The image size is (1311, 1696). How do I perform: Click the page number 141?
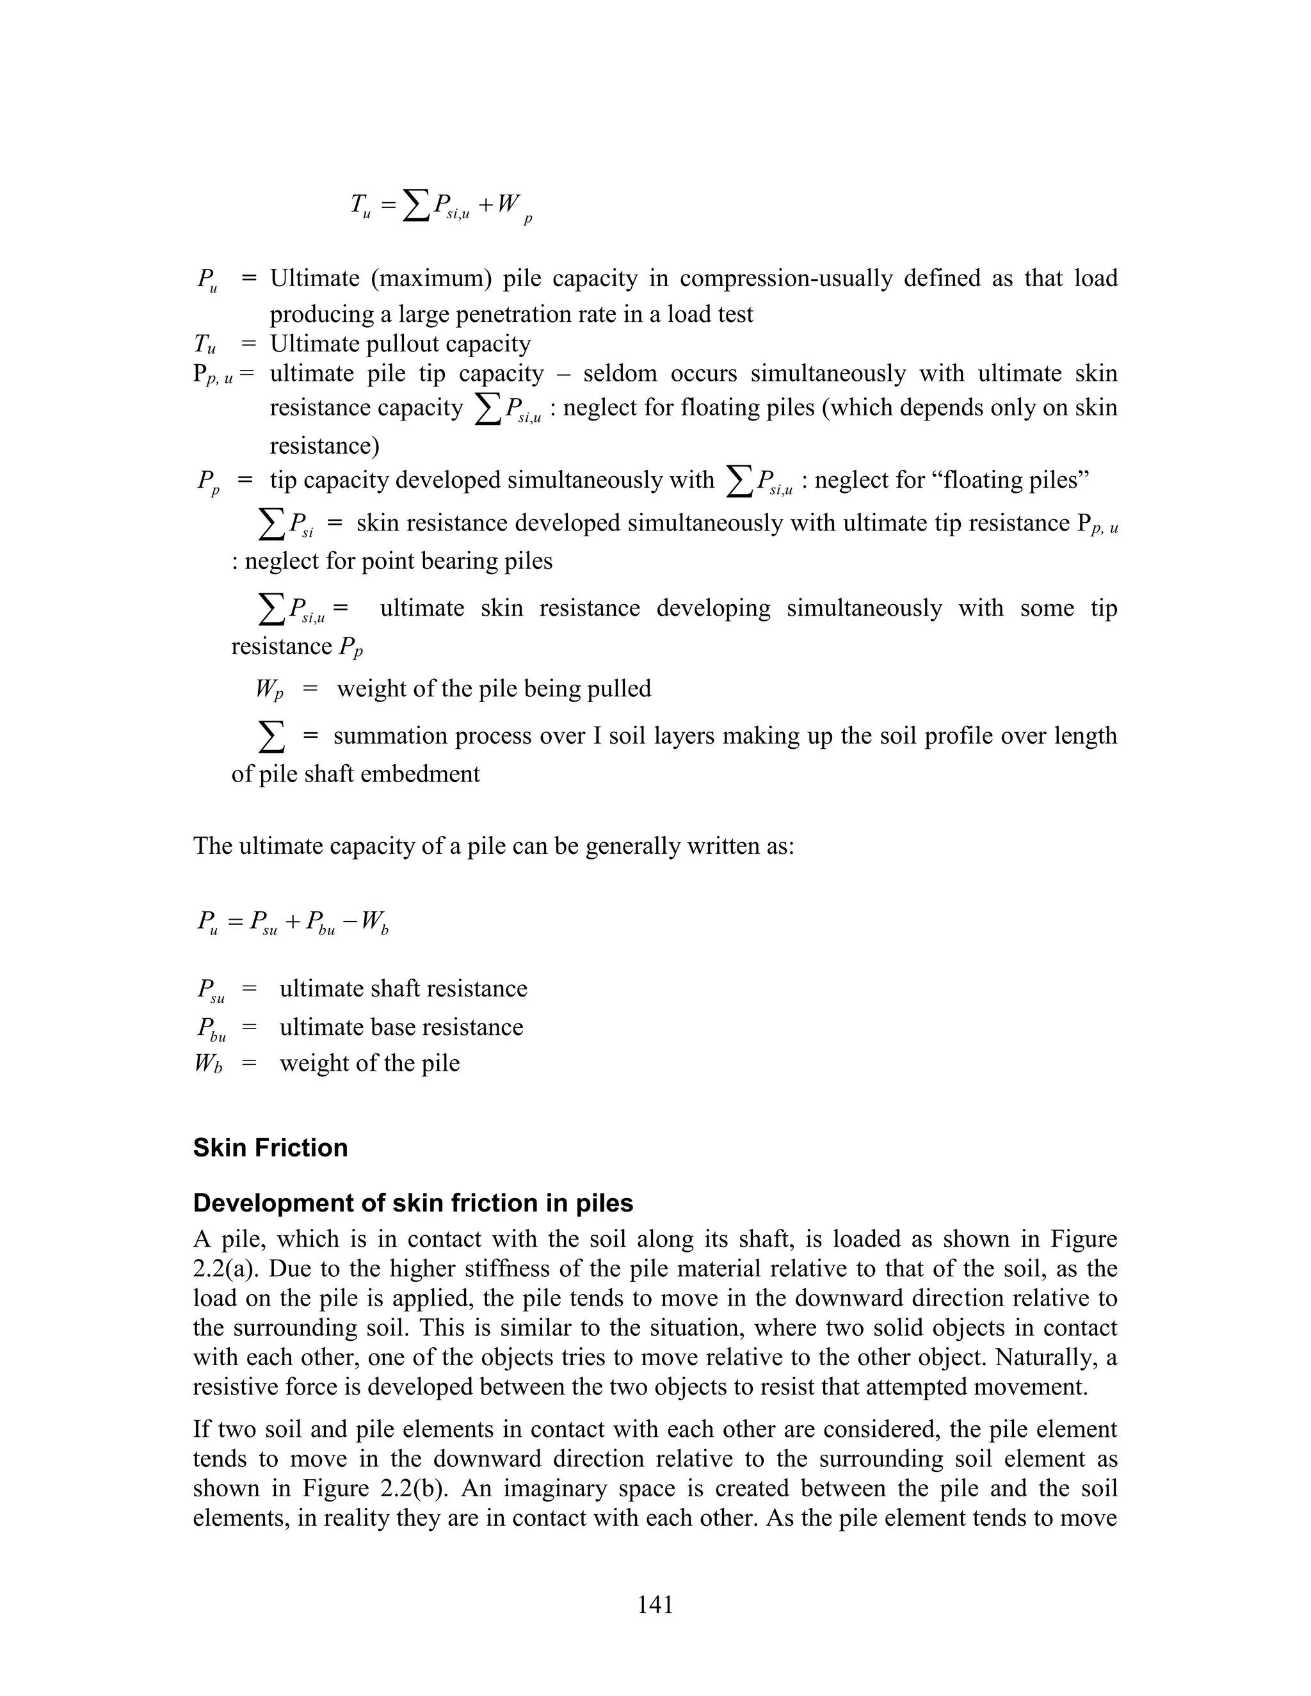[655, 1604]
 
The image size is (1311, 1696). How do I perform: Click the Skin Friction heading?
[270, 1148]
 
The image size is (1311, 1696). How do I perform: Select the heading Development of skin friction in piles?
[412, 1203]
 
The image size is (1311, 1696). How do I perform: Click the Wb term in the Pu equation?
[374, 924]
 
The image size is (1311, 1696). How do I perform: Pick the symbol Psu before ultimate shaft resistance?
[210, 990]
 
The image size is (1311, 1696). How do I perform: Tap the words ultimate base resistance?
[401, 1027]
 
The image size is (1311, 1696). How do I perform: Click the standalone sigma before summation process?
[271, 736]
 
